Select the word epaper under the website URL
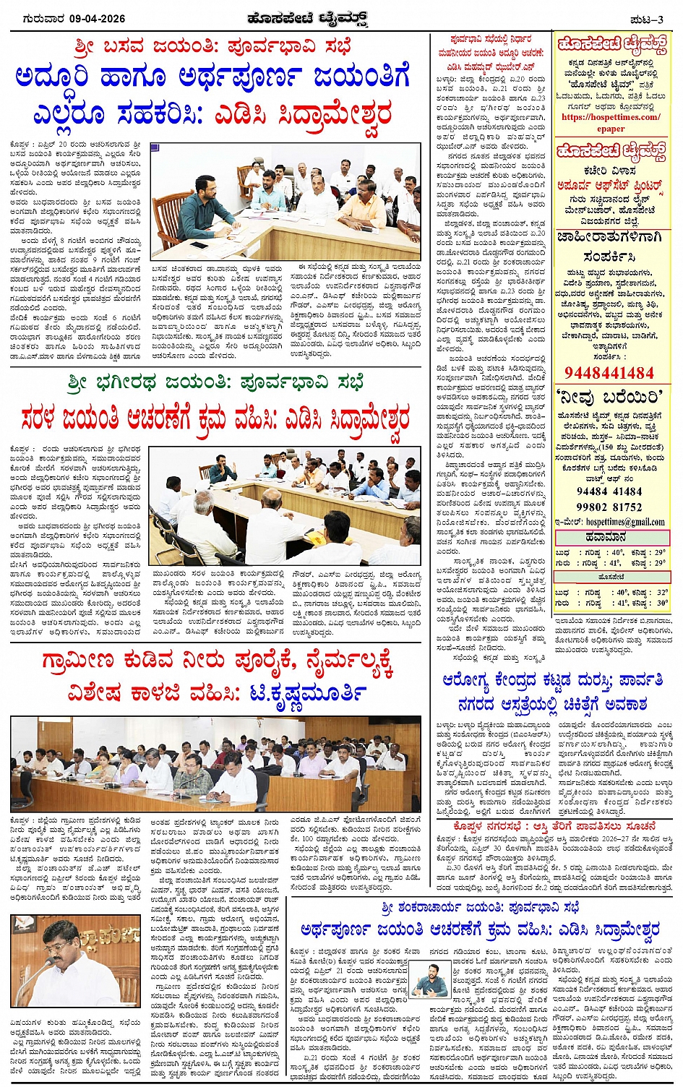pos(611,129)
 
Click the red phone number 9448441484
pos(609,373)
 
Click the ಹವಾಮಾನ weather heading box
pos(612,538)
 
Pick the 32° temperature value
pos(661,591)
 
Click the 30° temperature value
pos(661,602)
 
